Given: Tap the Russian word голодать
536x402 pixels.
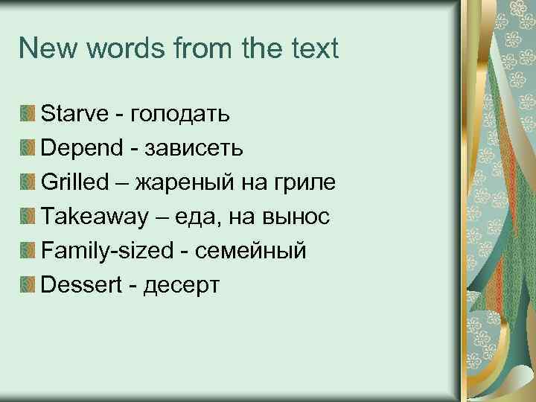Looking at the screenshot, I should pos(179,114).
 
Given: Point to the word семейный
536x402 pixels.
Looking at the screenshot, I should pos(250,250).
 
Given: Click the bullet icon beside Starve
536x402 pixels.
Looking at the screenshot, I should pos(28,114).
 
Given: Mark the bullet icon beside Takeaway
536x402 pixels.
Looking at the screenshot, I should pos(28,216).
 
